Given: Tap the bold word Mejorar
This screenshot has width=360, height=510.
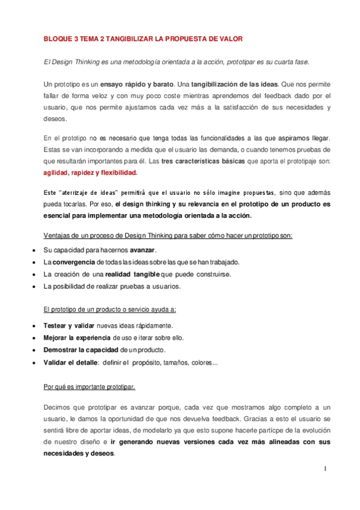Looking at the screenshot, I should [57, 337].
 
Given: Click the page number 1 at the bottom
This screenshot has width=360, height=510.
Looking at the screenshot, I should [325, 468].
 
